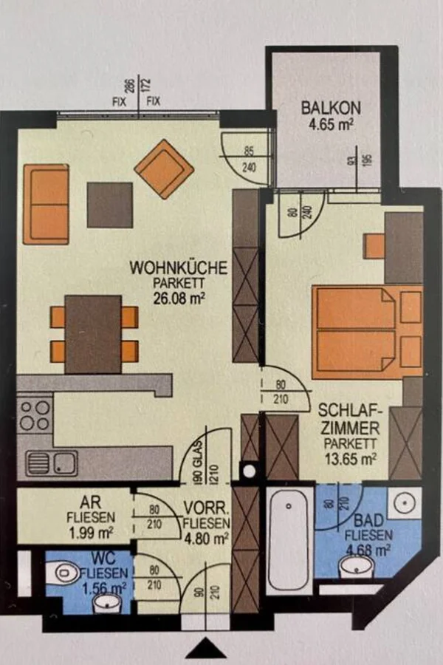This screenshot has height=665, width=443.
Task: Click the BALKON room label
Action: pos(331,108)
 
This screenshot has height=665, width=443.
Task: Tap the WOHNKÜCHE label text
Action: pos(179,268)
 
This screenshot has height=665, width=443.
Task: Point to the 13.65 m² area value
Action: pos(351,458)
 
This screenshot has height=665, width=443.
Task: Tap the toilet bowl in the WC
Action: pos(61,573)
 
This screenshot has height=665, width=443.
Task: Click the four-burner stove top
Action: pos(35,416)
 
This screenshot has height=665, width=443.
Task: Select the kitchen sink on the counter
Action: pos(52,463)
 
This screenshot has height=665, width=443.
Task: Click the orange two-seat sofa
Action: pos(47,205)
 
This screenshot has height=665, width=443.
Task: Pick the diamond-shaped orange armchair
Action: pos(164,169)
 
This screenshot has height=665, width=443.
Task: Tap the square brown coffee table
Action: pos(110,205)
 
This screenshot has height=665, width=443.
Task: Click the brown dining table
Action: pos(93,334)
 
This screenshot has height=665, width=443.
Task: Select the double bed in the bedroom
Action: pos(367,332)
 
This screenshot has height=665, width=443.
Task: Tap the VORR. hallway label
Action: pos(207,508)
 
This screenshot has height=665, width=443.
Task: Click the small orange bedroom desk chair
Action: pos(375,246)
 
